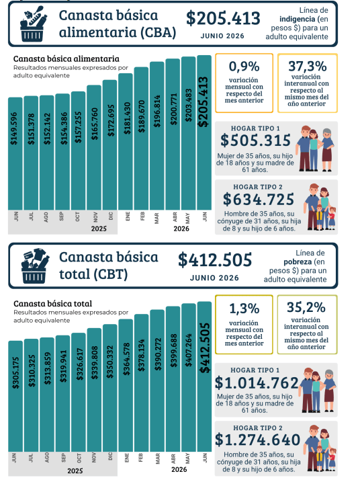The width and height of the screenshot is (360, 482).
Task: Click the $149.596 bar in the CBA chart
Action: (x=15, y=154)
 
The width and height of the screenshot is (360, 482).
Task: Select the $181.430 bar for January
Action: (x=126, y=142)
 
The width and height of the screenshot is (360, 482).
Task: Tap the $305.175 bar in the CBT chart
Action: (x=15, y=396)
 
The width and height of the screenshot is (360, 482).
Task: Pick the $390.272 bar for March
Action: (x=157, y=380)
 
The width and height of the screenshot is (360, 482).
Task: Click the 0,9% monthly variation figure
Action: (x=244, y=67)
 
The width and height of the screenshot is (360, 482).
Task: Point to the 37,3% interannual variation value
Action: (x=308, y=66)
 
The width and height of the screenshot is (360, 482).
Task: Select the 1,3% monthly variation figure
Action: (x=244, y=309)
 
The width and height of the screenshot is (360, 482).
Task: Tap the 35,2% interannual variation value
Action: (x=306, y=307)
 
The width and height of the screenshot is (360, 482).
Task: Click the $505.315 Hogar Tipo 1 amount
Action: (x=255, y=140)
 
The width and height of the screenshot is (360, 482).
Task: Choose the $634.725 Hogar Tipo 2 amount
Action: (x=259, y=199)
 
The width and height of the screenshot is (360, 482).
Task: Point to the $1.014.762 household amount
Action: (x=257, y=383)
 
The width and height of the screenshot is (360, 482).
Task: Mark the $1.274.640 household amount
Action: (x=257, y=440)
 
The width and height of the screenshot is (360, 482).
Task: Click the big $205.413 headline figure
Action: (x=223, y=18)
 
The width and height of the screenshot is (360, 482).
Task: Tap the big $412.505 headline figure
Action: (x=215, y=260)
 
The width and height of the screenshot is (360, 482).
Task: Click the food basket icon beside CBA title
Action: (x=33, y=24)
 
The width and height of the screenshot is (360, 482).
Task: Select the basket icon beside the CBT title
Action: (x=34, y=266)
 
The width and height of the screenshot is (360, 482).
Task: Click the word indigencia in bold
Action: (x=298, y=19)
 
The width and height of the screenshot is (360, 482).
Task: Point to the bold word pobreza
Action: (x=298, y=262)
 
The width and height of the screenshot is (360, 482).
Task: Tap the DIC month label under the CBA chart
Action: (x=111, y=216)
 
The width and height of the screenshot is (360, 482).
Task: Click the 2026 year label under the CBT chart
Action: (x=179, y=469)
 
